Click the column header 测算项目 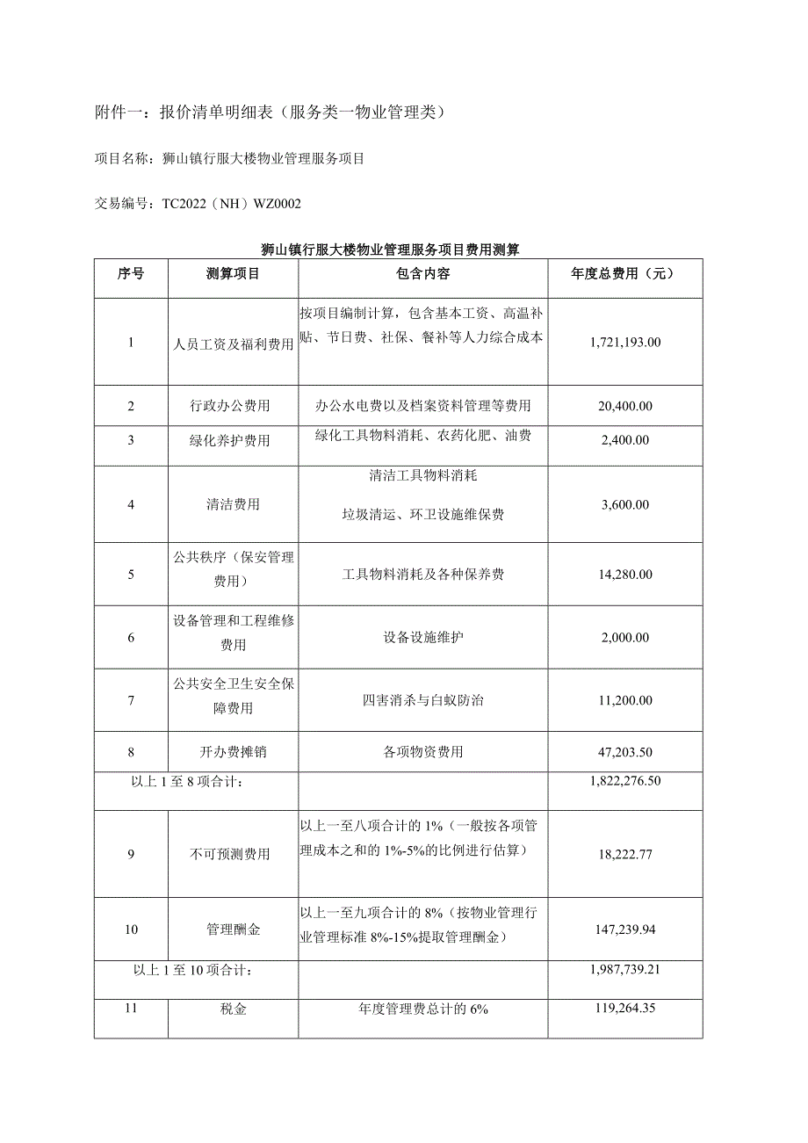[x=233, y=273]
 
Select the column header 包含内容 [x=422, y=273]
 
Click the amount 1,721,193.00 [x=625, y=343]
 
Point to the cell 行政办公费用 [x=233, y=406]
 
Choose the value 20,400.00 [x=625, y=406]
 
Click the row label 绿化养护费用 [x=233, y=440]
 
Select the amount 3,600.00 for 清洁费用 [x=625, y=504]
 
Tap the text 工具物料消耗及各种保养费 [x=422, y=575]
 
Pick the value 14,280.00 [x=625, y=575]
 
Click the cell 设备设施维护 [x=422, y=637]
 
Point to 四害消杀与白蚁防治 [x=422, y=700]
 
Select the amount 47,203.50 [x=625, y=752]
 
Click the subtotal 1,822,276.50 [x=625, y=780]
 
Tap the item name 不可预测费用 [x=233, y=854]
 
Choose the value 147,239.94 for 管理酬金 [x=625, y=929]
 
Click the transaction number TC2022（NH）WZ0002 [x=232, y=205]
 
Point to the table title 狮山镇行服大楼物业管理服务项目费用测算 [x=397, y=250]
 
